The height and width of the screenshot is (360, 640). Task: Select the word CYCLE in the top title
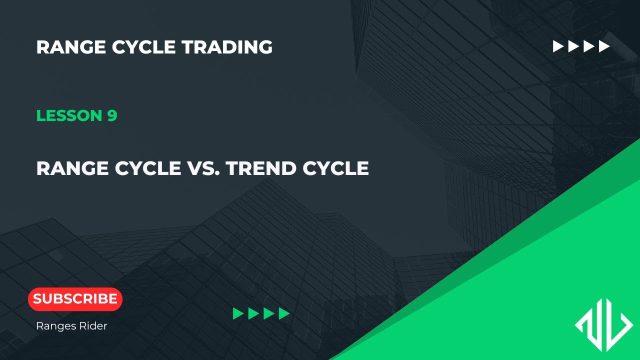[143, 47]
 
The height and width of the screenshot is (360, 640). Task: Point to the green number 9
[112, 115]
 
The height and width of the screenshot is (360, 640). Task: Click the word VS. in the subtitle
[203, 168]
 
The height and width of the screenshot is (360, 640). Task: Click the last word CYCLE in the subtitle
[335, 168]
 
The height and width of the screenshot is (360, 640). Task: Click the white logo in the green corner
[603, 325]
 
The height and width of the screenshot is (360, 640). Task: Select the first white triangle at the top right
[558, 46]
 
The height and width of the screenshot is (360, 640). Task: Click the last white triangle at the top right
[604, 46]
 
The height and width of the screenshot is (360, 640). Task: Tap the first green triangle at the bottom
[238, 313]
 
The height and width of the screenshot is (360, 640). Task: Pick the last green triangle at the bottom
[284, 313]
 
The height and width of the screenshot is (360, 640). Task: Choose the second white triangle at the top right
[573, 46]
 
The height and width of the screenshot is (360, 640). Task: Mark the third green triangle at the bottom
[269, 313]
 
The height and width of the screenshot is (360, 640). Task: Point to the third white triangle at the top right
[589, 46]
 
